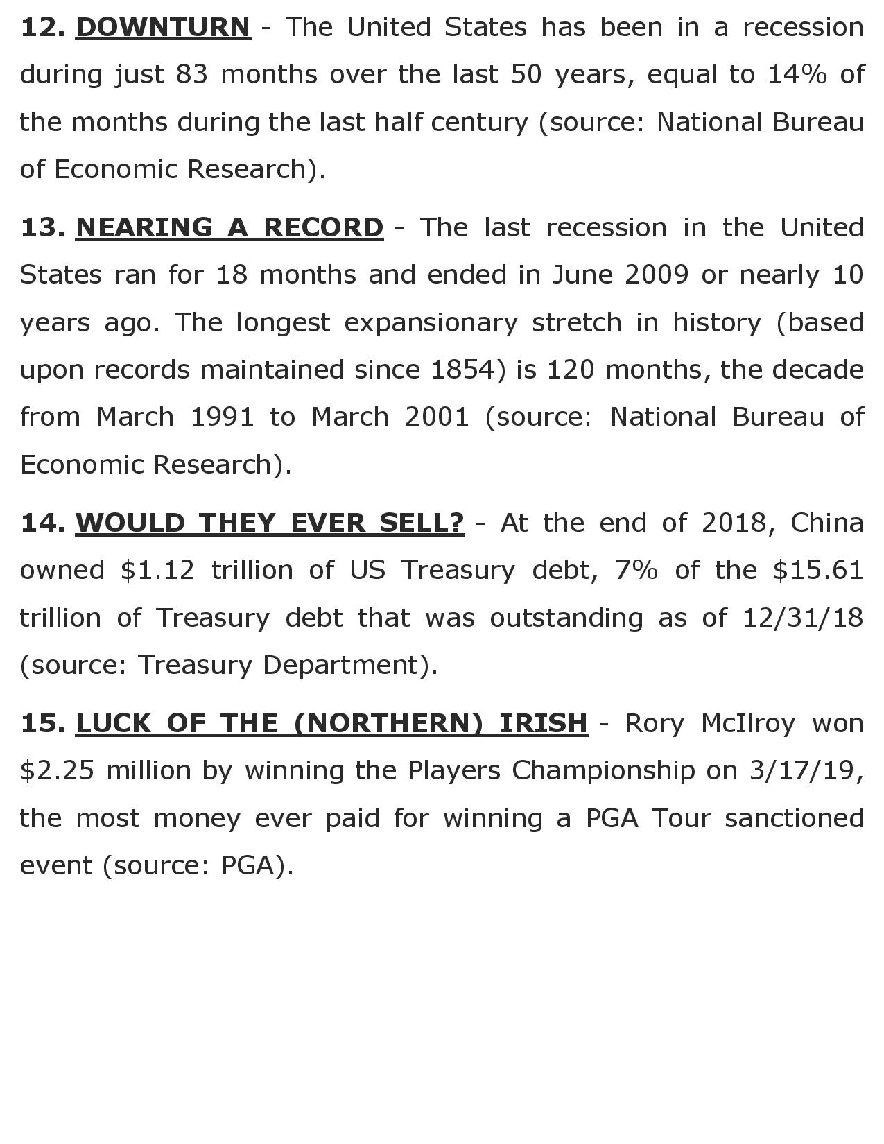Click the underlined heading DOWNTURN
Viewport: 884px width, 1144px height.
click(163, 28)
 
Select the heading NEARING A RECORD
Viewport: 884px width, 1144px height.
click(229, 227)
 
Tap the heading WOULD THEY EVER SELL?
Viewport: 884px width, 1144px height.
click(270, 522)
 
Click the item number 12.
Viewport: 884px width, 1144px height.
click(43, 28)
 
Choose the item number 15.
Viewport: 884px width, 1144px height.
click(43, 723)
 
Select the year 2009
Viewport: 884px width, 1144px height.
click(657, 275)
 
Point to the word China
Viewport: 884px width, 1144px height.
click(827, 522)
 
